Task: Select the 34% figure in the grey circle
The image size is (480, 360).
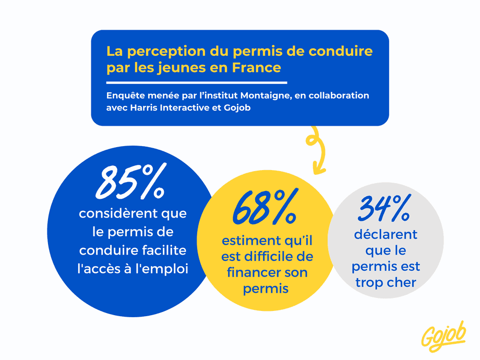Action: (x=385, y=209)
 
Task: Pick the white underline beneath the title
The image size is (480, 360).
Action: (x=197, y=82)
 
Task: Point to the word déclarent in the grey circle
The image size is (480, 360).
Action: (x=386, y=235)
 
